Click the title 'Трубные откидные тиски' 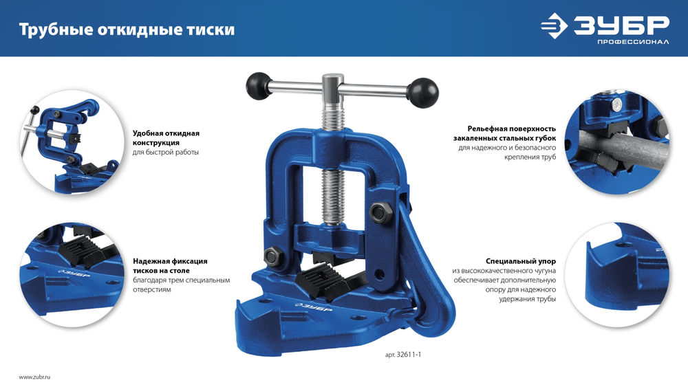(x=126, y=30)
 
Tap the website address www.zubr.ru (x=35, y=377)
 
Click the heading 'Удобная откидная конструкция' (x=166, y=137)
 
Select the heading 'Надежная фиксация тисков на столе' (x=170, y=266)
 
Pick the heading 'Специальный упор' (x=521, y=261)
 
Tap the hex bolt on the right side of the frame (x=378, y=212)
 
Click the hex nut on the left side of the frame (x=270, y=258)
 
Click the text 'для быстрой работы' (x=166, y=152)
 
